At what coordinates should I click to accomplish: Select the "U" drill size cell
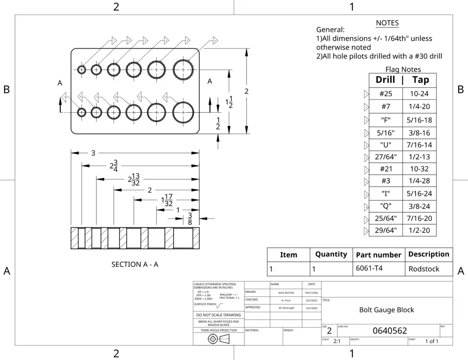point(386,145)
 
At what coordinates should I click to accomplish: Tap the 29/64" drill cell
point(386,230)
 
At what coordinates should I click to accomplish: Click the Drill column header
point(385,80)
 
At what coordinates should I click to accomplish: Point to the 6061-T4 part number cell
point(369,268)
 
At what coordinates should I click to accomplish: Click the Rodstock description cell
point(424,269)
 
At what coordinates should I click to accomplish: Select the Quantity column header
point(331,254)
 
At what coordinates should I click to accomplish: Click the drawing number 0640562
point(389,331)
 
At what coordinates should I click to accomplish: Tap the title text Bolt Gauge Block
point(387,310)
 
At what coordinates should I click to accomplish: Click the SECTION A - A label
point(135,264)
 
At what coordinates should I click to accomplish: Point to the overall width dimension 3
point(93,153)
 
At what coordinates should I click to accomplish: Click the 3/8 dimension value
point(190,218)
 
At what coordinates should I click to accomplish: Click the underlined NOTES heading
point(387,23)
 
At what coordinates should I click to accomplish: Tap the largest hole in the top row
point(183,70)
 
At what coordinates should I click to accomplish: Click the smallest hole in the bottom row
point(82,113)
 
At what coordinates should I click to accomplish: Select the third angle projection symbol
point(219,338)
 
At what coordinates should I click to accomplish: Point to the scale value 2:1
point(337,341)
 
